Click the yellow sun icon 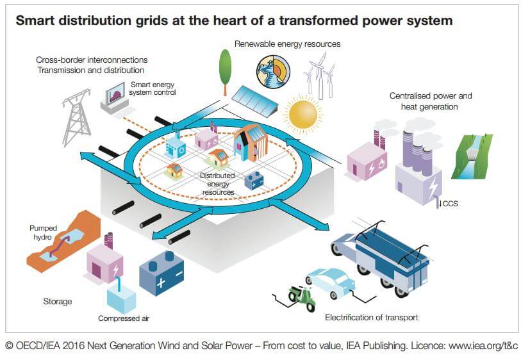(x=303, y=113)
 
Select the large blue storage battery (x=161, y=271)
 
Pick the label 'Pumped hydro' (x=44, y=232)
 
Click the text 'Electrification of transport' (x=371, y=317)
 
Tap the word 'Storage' (x=57, y=301)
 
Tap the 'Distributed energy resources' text (x=217, y=183)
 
